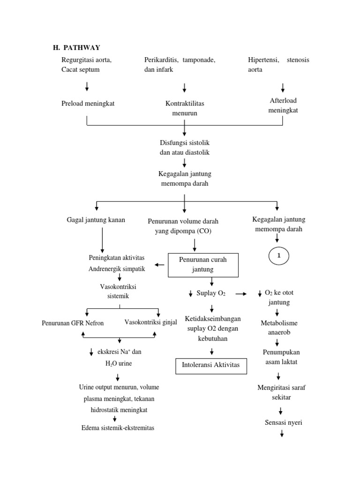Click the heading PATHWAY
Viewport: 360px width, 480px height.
[x=82, y=47]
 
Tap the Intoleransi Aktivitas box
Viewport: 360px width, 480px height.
[x=210, y=365]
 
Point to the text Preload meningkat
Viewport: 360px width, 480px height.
[x=88, y=104]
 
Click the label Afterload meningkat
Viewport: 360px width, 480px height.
[x=283, y=105]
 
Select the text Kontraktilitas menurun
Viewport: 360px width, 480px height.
[x=184, y=108]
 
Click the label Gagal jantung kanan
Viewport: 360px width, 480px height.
[x=96, y=220]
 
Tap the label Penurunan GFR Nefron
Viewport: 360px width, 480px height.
[x=73, y=323]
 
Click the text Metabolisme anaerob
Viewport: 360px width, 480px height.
[x=279, y=328]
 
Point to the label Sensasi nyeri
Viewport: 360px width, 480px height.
[x=283, y=422]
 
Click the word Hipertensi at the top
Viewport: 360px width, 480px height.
[x=263, y=60]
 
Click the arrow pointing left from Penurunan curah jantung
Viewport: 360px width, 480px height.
[x=159, y=265]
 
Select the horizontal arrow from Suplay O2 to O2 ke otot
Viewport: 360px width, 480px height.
[x=241, y=294]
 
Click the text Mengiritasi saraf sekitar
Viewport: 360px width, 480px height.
[x=281, y=392]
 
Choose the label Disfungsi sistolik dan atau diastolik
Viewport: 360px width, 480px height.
[x=184, y=148]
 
